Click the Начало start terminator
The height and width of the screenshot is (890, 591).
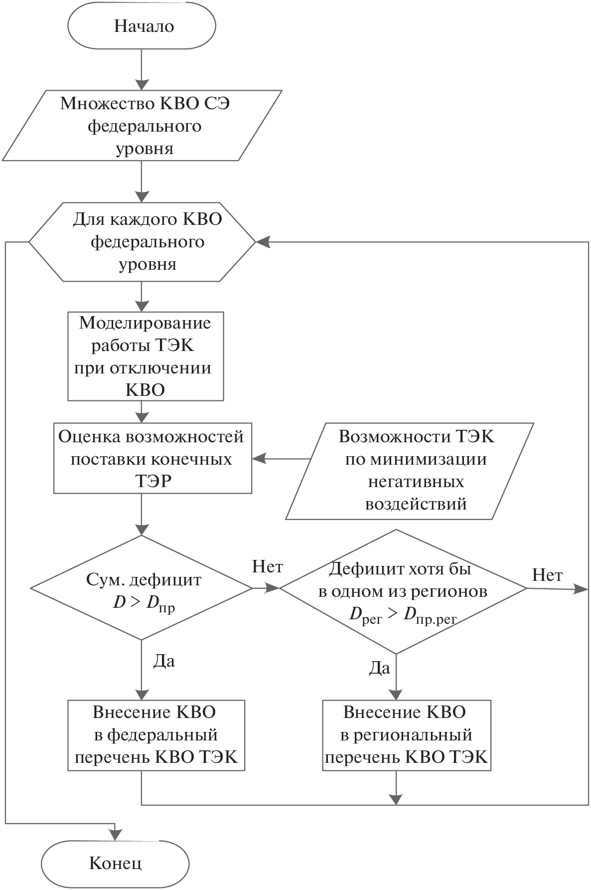[x=142, y=26]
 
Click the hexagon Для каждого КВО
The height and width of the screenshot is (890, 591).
[x=142, y=242]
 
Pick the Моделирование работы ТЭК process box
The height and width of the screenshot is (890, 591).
[x=146, y=356]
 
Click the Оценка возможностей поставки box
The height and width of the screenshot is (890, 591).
[x=152, y=458]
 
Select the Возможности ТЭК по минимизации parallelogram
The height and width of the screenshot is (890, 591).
[x=409, y=471]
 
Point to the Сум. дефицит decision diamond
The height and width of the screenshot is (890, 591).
[x=142, y=588]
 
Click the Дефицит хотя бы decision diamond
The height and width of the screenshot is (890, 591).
[x=403, y=592]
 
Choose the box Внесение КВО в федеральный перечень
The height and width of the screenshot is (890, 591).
[x=156, y=735]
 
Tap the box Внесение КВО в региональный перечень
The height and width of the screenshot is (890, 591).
[x=406, y=735]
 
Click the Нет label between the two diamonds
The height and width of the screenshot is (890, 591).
[x=267, y=567]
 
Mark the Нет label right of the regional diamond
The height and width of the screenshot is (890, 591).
[x=547, y=575]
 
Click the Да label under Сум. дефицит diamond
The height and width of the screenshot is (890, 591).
[x=164, y=661]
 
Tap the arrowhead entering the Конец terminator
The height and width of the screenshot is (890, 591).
[x=115, y=834]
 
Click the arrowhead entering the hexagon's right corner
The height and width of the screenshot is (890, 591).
[x=263, y=242]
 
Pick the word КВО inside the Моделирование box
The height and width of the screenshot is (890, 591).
[x=145, y=390]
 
